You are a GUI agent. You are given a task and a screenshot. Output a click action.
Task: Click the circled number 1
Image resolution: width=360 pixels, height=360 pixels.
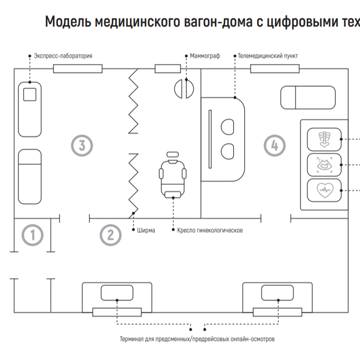(33, 235)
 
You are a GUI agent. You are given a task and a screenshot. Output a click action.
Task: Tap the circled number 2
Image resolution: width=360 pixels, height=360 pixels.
(111, 235)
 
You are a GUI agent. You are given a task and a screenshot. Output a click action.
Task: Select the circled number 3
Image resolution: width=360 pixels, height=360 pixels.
(82, 145)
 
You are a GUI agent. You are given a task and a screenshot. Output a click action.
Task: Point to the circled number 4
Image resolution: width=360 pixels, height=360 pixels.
(274, 145)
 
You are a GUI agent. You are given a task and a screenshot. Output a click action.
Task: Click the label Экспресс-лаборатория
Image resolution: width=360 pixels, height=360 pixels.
(63, 56)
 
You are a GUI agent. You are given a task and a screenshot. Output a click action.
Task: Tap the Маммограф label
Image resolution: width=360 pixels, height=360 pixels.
(205, 56)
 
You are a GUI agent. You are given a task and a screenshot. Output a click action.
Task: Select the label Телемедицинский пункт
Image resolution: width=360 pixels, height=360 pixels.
(268, 56)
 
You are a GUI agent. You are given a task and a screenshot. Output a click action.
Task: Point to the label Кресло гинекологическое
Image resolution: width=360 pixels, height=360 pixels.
(210, 230)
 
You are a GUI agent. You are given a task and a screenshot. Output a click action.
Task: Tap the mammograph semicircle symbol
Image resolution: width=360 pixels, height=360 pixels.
(184, 88)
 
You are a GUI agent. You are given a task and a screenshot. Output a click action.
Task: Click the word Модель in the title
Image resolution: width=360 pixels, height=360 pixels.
(68, 21)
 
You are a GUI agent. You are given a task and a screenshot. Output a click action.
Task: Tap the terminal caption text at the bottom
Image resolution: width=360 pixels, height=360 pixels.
(197, 338)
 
